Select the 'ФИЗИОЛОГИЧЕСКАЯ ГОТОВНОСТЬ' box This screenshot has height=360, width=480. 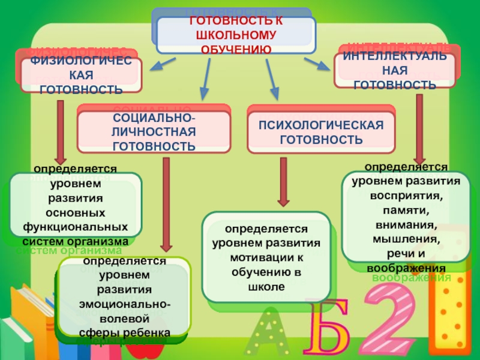click(81, 76)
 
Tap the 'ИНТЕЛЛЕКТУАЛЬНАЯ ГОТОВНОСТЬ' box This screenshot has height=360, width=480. click(394, 70)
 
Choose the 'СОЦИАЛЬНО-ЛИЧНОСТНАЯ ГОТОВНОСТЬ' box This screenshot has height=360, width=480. click(154, 131)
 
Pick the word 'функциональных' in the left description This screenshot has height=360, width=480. click(76, 227)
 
